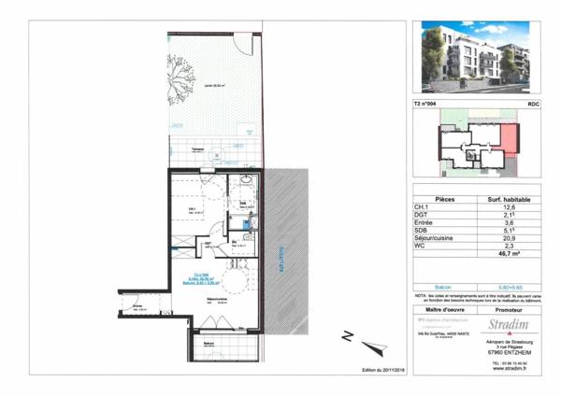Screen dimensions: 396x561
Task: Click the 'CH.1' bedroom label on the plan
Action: (x=191, y=208)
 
